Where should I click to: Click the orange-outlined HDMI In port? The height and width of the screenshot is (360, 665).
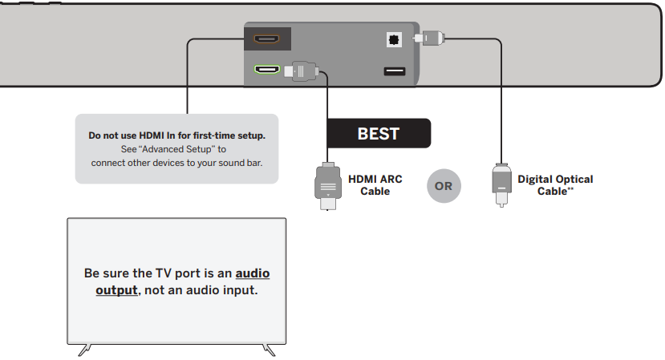click(267, 38)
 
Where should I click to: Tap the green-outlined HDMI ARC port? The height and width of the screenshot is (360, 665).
click(267, 71)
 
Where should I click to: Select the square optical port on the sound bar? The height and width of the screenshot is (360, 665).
click(394, 38)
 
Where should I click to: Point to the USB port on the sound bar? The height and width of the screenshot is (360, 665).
click(394, 71)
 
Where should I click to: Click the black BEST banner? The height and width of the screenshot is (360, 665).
click(378, 133)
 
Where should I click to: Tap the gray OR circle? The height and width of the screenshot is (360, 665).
click(444, 186)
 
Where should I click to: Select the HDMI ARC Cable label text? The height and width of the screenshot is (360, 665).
click(375, 185)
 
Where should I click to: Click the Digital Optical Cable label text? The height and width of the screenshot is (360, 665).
click(555, 185)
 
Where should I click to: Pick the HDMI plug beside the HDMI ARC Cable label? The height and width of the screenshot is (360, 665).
click(326, 185)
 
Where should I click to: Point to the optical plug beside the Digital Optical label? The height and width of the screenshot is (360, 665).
click(501, 184)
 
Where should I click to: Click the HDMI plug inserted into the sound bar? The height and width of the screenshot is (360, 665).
click(302, 71)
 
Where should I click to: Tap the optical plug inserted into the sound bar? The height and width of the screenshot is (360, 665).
click(428, 37)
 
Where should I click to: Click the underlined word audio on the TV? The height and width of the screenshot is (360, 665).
click(253, 273)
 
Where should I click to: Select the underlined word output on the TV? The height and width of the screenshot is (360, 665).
click(116, 289)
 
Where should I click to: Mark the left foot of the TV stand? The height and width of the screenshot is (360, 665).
click(83, 350)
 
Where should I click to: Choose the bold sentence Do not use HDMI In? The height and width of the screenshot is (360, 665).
click(176, 136)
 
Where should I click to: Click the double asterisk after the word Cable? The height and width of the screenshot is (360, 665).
click(570, 190)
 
